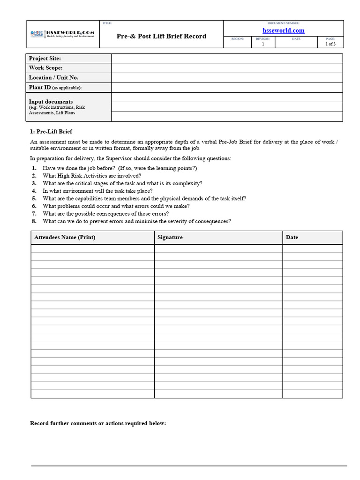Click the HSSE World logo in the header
coord(62,34)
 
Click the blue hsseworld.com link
coord(283,30)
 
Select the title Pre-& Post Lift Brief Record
coord(161,36)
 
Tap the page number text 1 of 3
coord(330,44)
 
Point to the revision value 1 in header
coord(263,44)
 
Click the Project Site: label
coord(45,58)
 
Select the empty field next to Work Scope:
coord(227,68)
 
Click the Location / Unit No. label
coord(53,78)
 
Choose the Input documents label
coord(51,102)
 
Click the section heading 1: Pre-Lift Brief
coord(51,132)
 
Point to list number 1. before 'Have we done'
coord(34,168)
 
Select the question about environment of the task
coord(97,191)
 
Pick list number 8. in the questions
coord(34,221)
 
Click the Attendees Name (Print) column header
coord(65,237)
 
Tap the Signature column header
coord(170,237)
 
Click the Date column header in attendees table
coord(292,237)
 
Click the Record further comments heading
coord(98,423)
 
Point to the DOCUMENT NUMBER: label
coord(283,23)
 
